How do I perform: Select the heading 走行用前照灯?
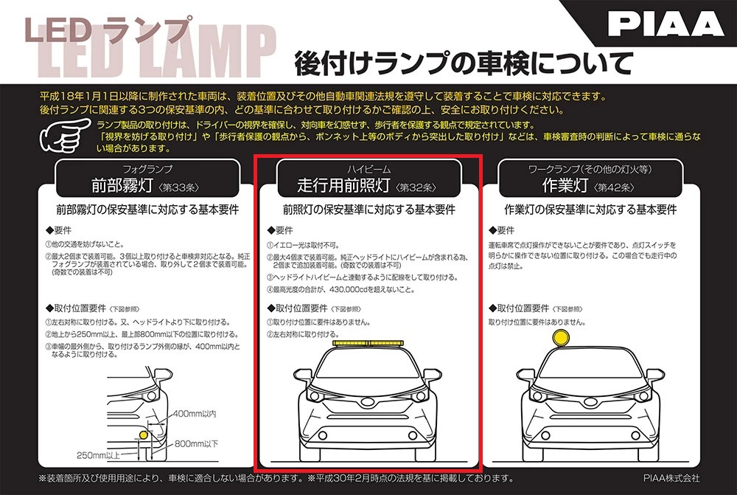tap(344, 184)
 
